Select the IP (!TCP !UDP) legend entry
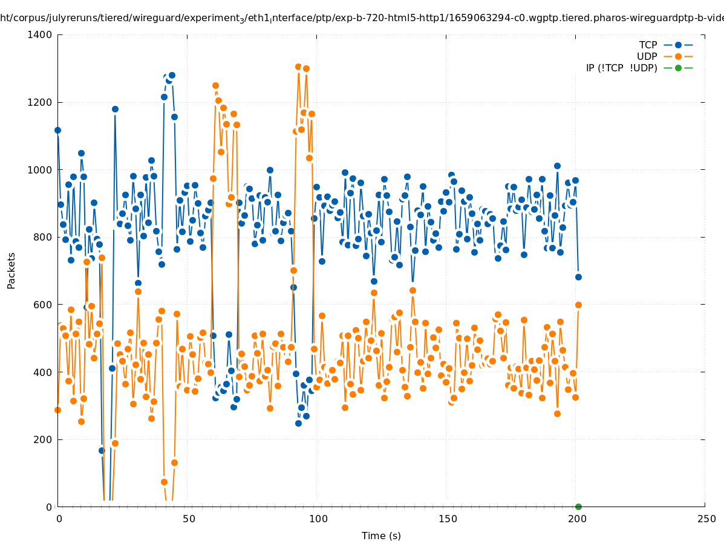(x=621, y=68)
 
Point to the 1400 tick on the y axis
(x=40, y=34)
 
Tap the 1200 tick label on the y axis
(x=40, y=102)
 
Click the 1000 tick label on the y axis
(x=40, y=170)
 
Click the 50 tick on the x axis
(x=189, y=519)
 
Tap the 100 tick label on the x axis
(x=318, y=519)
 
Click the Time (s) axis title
(x=381, y=536)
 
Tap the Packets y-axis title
(x=11, y=270)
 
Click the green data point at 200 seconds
(x=578, y=507)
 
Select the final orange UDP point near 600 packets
(x=578, y=305)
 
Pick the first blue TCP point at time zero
(x=58, y=130)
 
